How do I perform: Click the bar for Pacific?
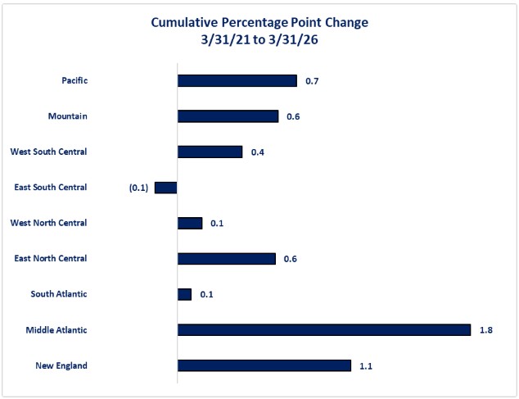237,81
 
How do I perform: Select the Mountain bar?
228,116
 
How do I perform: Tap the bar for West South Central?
210,152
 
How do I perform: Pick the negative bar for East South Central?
165,188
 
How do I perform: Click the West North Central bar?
189,223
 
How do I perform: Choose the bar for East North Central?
226,259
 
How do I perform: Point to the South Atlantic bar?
184,294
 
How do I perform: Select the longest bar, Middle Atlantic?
323,330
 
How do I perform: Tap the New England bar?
264,365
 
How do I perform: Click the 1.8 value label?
485,330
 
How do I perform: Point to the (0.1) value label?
138,188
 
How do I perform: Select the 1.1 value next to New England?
365,365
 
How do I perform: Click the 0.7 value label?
311,81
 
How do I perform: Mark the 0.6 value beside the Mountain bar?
293,116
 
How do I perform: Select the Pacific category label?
74,81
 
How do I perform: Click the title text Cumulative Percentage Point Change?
259,22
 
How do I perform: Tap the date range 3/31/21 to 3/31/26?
259,39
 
